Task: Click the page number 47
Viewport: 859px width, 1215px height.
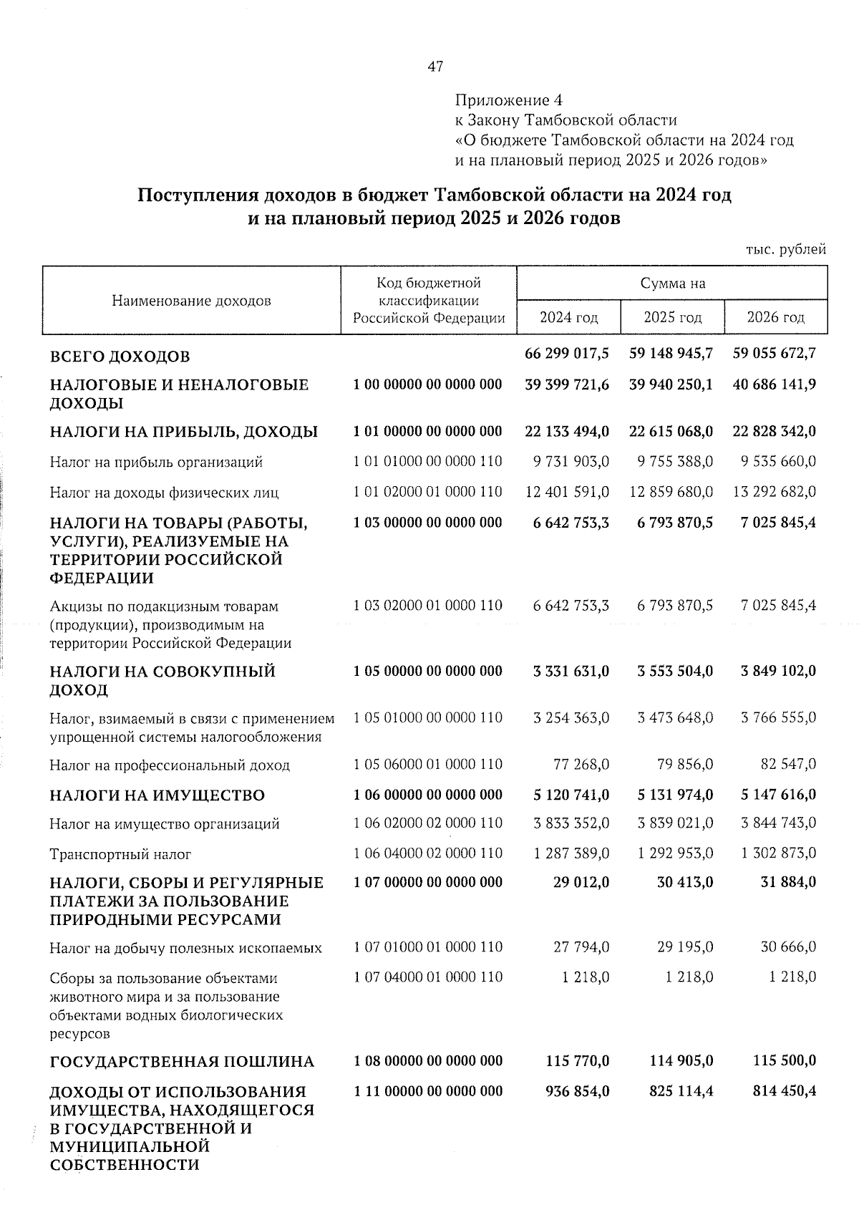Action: click(435, 67)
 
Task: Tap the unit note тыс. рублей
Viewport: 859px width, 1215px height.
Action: click(786, 249)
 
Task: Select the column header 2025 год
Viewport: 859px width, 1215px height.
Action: click(672, 317)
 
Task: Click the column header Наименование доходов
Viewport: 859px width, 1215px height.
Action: click(192, 301)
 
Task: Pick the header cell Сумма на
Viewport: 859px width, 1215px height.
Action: click(672, 283)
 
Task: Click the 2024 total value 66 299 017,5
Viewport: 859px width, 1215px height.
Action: click(567, 353)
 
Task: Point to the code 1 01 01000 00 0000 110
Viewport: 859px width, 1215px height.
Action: click(428, 461)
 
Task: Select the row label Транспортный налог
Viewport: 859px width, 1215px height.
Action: click(120, 854)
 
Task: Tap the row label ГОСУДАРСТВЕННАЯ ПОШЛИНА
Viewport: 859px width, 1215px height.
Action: click(182, 1061)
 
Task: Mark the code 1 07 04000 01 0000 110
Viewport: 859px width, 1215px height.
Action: click(428, 977)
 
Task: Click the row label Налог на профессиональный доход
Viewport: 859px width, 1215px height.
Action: click(170, 765)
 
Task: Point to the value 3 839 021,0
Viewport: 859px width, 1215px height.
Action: click(675, 823)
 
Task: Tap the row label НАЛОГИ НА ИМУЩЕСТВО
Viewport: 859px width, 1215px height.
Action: click(157, 795)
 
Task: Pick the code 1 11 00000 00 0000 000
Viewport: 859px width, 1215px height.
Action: click(428, 1091)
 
